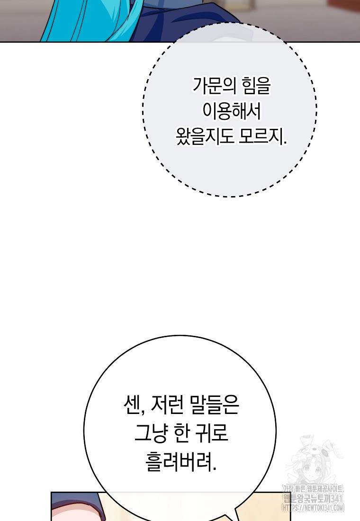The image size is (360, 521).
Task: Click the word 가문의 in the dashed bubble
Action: point(215,86)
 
